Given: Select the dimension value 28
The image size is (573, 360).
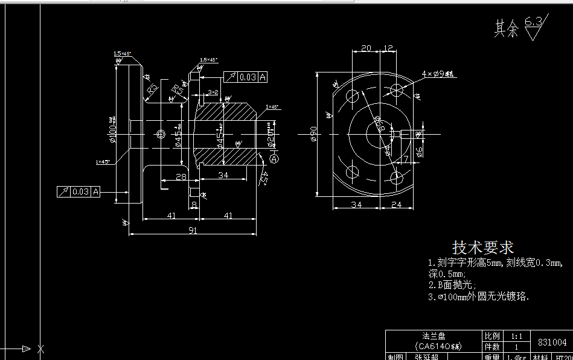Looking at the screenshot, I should (179, 176).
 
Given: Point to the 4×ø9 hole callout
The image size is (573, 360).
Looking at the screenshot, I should (440, 74).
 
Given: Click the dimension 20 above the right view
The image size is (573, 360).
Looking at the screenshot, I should (366, 48).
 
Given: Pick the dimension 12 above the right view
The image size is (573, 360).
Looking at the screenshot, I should (388, 48).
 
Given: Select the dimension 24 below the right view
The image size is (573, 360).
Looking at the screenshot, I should (396, 205).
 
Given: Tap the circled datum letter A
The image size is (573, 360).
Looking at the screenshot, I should (274, 159).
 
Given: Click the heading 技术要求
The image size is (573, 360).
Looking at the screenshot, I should (483, 248).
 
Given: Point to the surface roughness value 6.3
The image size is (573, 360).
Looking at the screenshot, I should (533, 22).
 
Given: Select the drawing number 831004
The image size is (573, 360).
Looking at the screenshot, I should (552, 342).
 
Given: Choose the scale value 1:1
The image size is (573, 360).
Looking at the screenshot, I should (517, 336).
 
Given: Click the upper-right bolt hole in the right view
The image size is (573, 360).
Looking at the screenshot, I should (397, 90).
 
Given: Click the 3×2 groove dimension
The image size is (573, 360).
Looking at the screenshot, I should (213, 92).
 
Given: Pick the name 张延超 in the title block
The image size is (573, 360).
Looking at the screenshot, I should (427, 356).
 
